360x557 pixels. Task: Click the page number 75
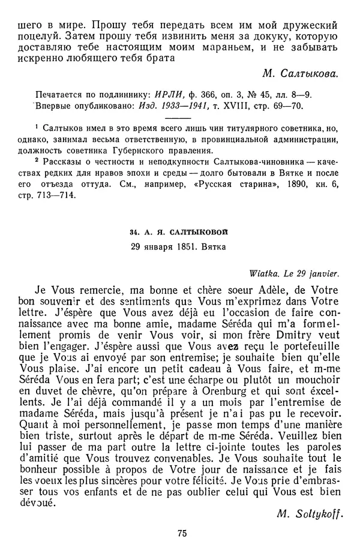pyautogui.click(x=179, y=534)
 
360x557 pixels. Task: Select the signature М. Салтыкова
pyautogui.click(x=300, y=74)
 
